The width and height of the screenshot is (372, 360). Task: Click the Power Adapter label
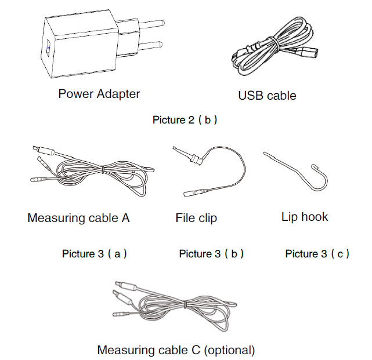click(99, 93)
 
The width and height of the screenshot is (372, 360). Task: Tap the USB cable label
click(267, 96)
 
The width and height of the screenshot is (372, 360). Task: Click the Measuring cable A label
click(78, 218)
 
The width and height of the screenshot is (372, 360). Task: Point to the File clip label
click(196, 218)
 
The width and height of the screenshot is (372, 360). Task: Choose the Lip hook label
click(305, 217)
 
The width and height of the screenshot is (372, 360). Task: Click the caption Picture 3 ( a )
click(95, 253)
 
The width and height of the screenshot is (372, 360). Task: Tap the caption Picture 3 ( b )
click(211, 253)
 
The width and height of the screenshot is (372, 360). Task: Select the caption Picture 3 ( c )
click(317, 253)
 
